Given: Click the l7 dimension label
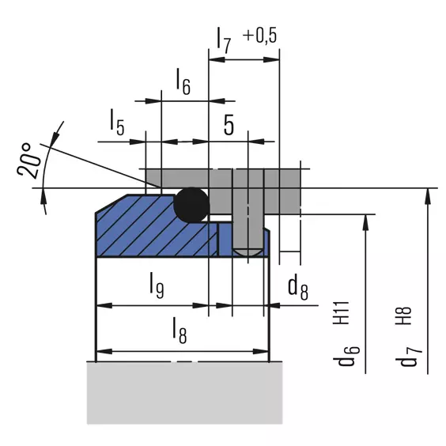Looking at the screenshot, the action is click(224, 40).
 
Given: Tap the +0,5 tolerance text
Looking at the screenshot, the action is click(259, 36).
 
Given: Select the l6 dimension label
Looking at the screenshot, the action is click(183, 81).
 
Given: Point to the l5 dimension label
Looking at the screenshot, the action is click(117, 123).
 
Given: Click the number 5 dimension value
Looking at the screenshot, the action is click(229, 125).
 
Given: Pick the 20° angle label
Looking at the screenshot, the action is click(28, 161).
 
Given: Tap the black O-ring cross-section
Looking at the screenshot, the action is click(191, 205).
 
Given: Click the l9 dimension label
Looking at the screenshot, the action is click(157, 285).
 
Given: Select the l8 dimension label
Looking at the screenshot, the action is click(180, 331).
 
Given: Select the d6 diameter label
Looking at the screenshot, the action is click(346, 356).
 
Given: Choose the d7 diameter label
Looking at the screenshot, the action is click(409, 357).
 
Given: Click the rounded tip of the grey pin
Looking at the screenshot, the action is click(248, 252).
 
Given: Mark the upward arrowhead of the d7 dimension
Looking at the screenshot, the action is click(428, 196).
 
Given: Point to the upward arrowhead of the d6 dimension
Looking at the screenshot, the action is click(366, 222).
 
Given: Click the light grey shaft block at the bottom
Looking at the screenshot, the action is click(184, 393).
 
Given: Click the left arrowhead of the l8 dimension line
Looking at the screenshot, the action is click(104, 352).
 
